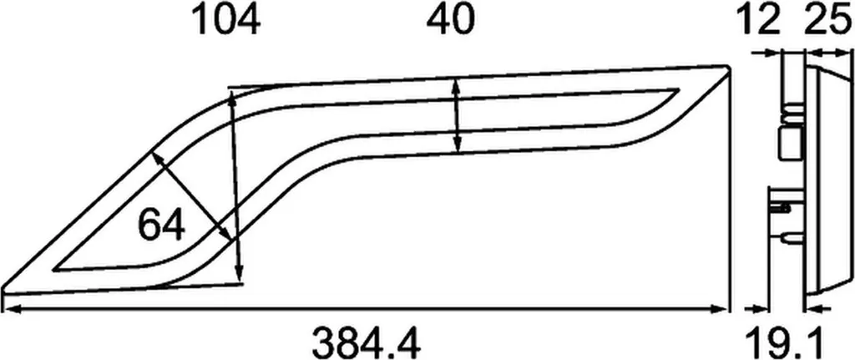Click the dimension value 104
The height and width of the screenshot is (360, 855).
[226, 20]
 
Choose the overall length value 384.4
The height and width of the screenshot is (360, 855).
[367, 341]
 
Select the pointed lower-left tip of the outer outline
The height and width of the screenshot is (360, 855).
[5, 292]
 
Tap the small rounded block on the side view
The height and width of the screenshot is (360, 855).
[786, 141]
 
